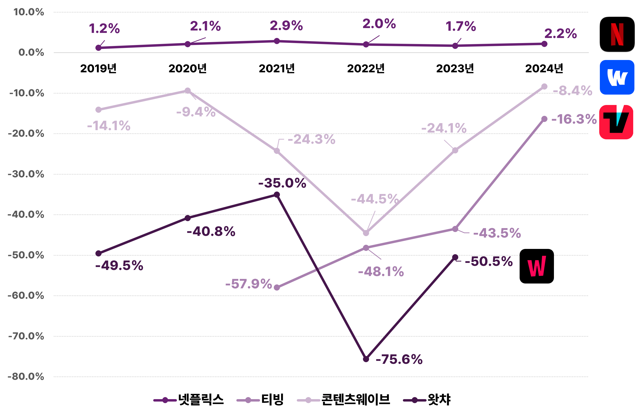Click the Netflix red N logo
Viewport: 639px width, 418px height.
(x=617, y=34)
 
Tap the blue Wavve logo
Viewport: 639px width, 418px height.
(x=617, y=77)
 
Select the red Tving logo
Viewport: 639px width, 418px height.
(x=616, y=122)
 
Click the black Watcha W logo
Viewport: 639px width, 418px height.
(x=537, y=266)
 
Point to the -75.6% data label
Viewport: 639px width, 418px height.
(x=399, y=359)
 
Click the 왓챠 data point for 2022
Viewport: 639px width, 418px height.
(x=366, y=359)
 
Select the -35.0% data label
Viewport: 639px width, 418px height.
(x=282, y=183)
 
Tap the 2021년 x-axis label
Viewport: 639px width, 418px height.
(x=277, y=68)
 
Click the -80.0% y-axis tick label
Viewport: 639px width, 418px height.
(x=26, y=376)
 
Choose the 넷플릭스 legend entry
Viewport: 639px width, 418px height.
(x=189, y=400)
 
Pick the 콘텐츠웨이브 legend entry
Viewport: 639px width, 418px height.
(x=344, y=400)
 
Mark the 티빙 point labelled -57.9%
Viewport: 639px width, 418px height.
(x=277, y=288)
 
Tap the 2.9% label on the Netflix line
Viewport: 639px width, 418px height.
(x=286, y=26)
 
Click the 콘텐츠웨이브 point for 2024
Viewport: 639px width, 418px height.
(x=544, y=87)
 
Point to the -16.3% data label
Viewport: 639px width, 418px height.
(x=574, y=119)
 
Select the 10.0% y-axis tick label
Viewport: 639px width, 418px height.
(x=29, y=12)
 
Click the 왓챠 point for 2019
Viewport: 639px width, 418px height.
(x=99, y=254)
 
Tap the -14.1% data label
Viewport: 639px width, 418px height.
(x=109, y=126)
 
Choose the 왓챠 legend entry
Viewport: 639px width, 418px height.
(x=427, y=400)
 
